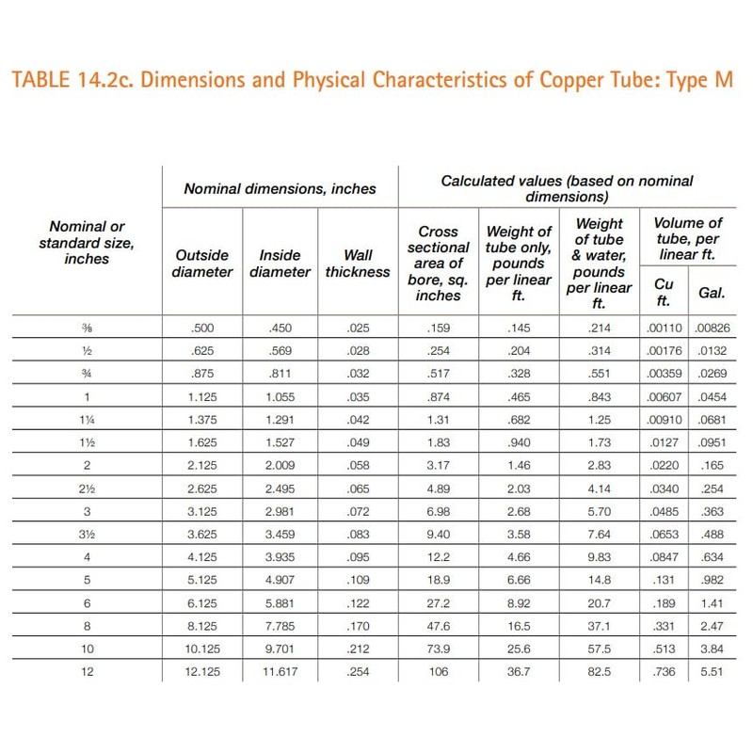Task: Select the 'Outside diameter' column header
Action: (203, 264)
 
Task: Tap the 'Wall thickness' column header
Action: (359, 264)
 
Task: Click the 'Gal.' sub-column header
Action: (712, 293)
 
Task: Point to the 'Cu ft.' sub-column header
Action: (664, 284)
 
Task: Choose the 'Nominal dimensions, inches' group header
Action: (279, 188)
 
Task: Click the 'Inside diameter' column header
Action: (280, 264)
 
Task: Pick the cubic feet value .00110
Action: (664, 329)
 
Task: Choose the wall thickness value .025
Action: (359, 329)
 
